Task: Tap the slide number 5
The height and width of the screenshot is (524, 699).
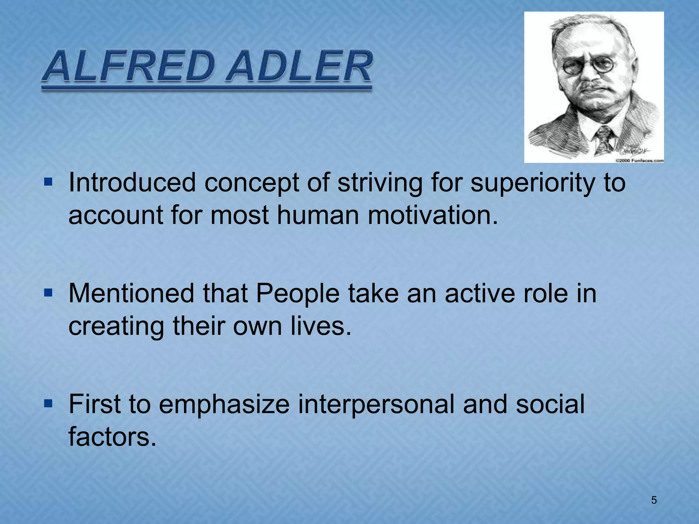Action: [x=654, y=500]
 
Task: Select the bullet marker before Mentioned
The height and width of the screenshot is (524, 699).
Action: [x=48, y=292]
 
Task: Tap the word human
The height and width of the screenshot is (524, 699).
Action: [x=317, y=216]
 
